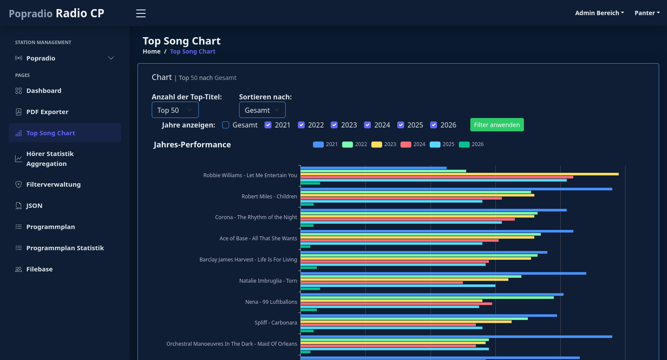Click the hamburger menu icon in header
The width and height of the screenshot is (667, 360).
(x=141, y=13)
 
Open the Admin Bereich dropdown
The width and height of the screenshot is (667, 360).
(x=599, y=13)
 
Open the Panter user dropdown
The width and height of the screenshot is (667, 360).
(x=647, y=13)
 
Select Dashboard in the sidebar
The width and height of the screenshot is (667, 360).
(x=44, y=91)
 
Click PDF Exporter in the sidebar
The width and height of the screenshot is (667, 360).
(x=47, y=112)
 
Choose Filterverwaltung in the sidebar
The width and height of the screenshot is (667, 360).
(x=53, y=185)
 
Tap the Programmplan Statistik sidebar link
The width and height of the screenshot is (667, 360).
(x=65, y=248)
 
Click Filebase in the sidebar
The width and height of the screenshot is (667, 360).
(x=39, y=269)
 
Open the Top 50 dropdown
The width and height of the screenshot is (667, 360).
(x=175, y=110)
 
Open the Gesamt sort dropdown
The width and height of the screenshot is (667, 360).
(x=262, y=110)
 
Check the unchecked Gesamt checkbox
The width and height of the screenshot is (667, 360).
(x=226, y=125)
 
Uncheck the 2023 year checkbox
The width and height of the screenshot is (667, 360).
(x=334, y=125)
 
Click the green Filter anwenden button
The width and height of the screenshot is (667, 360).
(x=497, y=125)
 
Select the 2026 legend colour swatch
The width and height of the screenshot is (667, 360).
(x=464, y=144)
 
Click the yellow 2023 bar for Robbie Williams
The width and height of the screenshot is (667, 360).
(x=460, y=174)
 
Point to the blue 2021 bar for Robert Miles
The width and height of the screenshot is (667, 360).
(x=456, y=189)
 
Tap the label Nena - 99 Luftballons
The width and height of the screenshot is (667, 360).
(x=271, y=302)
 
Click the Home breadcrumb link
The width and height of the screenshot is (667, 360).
(x=151, y=51)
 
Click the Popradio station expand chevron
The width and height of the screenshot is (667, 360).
(x=111, y=58)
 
